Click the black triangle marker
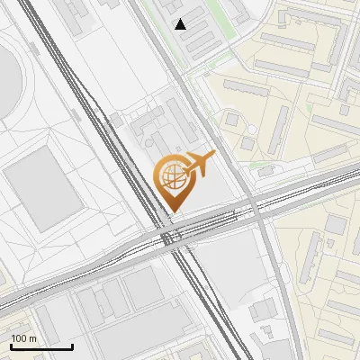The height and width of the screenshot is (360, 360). click(181, 23)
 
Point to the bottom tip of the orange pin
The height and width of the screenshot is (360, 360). click(171, 212)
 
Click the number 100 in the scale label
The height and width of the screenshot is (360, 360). click(20, 338)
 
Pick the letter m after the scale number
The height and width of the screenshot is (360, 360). click(34, 338)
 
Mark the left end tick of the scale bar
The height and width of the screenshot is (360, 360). click(11, 346)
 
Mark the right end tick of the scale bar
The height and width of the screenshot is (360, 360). click(72, 346)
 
